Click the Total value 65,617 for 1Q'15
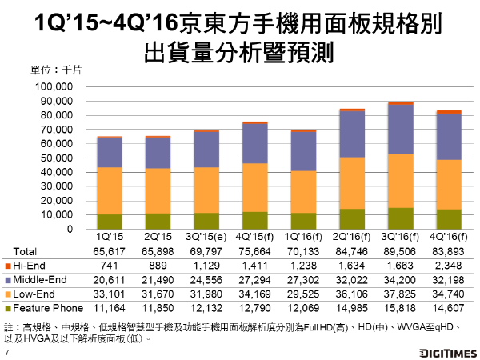coord(110,250)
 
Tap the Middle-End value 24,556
coord(207,279)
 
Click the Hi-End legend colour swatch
coord(8,265)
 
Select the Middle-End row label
coord(40,279)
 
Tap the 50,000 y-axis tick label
coord(56,158)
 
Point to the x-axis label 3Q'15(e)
coord(206,238)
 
